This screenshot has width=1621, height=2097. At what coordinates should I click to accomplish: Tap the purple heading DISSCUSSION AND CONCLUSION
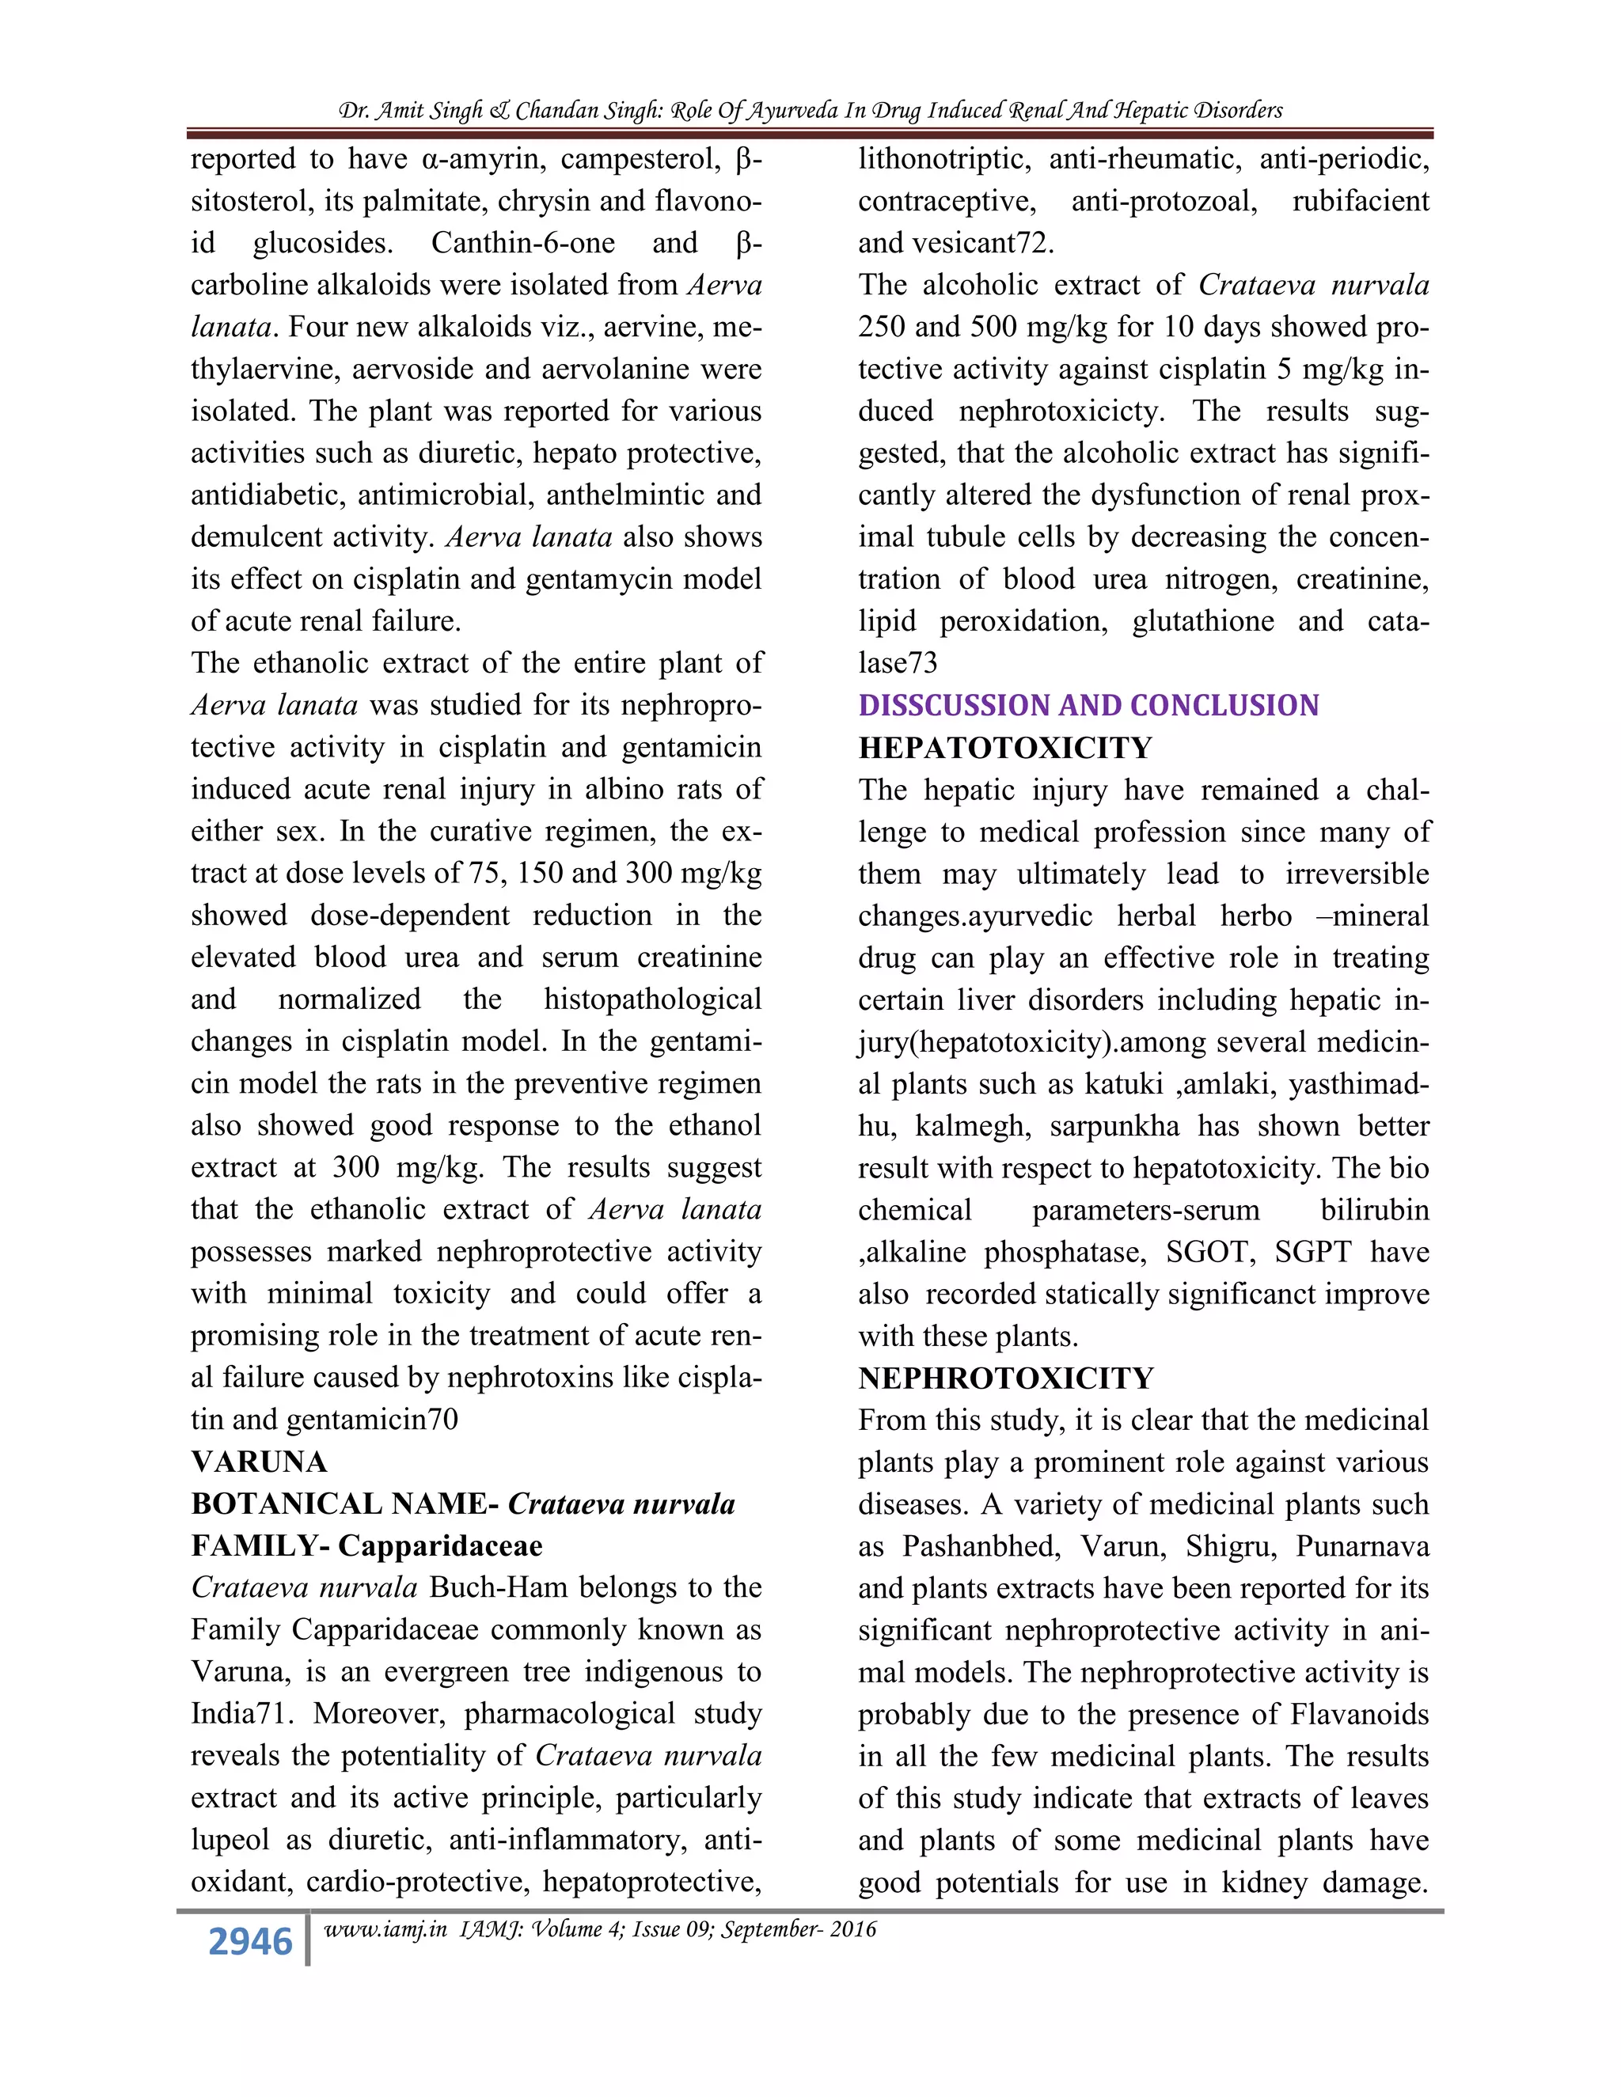[x=1088, y=706]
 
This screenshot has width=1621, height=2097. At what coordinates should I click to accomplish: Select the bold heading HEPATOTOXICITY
[x=1004, y=748]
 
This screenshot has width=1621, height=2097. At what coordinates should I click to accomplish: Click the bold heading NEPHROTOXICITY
[x=1005, y=1378]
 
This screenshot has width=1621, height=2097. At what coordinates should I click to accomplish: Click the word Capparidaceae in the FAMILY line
[x=440, y=1546]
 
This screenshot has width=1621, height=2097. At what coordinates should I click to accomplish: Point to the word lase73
[x=897, y=663]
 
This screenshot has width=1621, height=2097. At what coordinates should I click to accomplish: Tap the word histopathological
[x=652, y=999]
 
